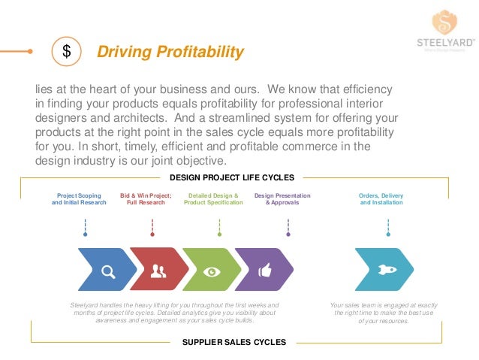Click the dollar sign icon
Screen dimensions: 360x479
[66, 52]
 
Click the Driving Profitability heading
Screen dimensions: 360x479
[170, 52]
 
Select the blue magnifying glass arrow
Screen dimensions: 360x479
[107, 270]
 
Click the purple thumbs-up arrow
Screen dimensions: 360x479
[264, 270]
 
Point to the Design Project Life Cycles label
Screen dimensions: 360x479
[232, 177]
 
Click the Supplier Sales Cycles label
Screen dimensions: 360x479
[234, 342]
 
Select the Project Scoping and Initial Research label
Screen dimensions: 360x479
[79, 198]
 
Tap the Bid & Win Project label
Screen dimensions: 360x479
[146, 198]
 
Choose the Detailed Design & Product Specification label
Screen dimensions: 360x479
[214, 198]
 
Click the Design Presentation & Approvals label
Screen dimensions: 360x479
[282, 198]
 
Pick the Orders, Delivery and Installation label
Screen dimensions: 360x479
[381, 198]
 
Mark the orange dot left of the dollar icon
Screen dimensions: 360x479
[30, 52]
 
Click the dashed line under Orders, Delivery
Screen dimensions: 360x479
[388, 225]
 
